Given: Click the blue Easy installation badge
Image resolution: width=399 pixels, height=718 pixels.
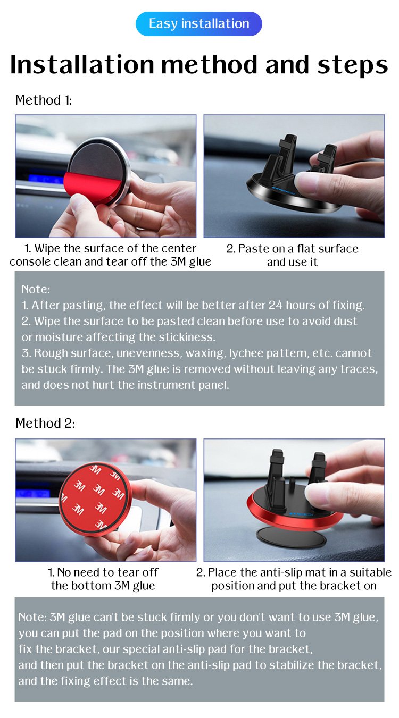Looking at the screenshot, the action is coord(199,24).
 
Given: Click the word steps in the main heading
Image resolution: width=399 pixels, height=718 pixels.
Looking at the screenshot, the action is coord(353,65).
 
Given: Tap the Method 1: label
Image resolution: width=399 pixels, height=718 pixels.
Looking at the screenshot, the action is coord(44,100).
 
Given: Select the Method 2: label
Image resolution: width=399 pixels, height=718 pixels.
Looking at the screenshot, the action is coord(45,424).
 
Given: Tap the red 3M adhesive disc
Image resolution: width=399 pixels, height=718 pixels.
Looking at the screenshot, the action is coord(95,499).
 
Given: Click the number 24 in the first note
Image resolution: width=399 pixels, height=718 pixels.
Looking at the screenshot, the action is coord(276,305).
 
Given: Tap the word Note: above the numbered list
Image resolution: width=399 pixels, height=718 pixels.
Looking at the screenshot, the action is coord(36,290).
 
